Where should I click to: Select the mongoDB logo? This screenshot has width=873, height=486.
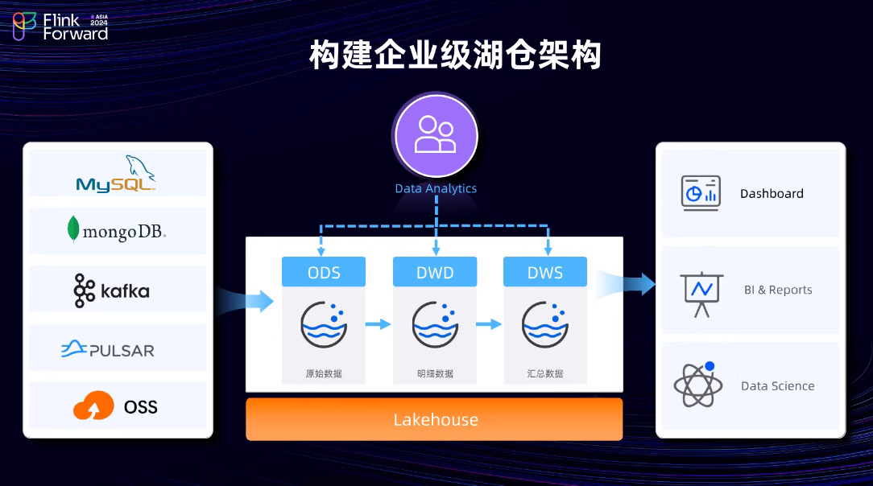pos(117,231)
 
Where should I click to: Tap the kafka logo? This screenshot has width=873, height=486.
pos(112,290)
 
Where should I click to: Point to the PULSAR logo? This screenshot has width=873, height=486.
pos(108,350)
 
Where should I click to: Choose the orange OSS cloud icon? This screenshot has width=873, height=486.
pos(93,406)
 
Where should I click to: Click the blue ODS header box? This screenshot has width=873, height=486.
pos(324,272)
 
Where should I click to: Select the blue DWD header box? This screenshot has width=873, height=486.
pos(435,272)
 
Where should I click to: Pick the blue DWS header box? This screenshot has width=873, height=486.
pos(546,272)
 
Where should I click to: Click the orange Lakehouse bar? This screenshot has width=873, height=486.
pos(434,419)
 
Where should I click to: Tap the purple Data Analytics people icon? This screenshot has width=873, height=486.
pos(435,135)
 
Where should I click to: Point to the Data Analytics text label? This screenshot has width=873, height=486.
pos(436,188)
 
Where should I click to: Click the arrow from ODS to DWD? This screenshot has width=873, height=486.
pos(378,324)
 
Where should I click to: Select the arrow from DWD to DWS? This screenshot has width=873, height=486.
pos(489,324)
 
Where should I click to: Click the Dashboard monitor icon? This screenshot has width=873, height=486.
pos(701,193)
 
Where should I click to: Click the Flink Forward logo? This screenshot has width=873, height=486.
pos(60,26)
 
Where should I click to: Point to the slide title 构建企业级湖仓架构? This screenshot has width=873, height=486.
pos(456,56)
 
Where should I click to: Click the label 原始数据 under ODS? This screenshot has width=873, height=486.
pos(324,373)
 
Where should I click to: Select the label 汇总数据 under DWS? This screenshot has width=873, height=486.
pos(545,373)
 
